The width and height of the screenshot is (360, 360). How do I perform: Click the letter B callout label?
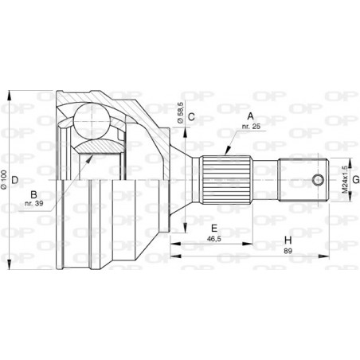point(34,193)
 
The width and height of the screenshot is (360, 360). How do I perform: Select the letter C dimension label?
point(192,116)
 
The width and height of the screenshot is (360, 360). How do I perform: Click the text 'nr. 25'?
point(252,127)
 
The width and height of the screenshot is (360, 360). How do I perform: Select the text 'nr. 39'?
point(33,204)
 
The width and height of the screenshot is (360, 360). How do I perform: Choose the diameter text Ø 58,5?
point(182,112)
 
